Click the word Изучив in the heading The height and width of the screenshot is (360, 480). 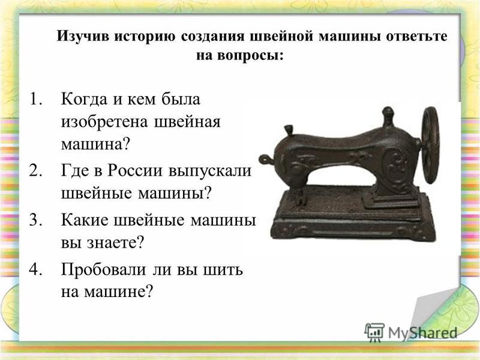83,37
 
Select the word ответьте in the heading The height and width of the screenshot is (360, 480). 416,37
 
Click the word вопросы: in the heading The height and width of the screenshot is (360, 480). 251,56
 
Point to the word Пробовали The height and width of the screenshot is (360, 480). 103,269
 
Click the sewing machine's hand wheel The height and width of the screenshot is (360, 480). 430,145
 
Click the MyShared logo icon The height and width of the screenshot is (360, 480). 374,332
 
